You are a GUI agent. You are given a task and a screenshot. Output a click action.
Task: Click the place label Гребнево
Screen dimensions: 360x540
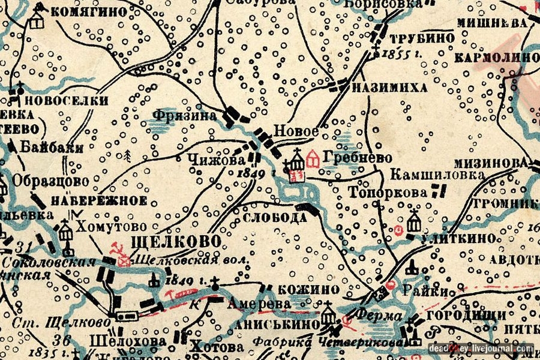357,158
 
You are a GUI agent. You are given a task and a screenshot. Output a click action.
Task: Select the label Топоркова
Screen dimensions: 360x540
389,193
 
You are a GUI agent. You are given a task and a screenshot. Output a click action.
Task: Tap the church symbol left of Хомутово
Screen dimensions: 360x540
65,227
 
